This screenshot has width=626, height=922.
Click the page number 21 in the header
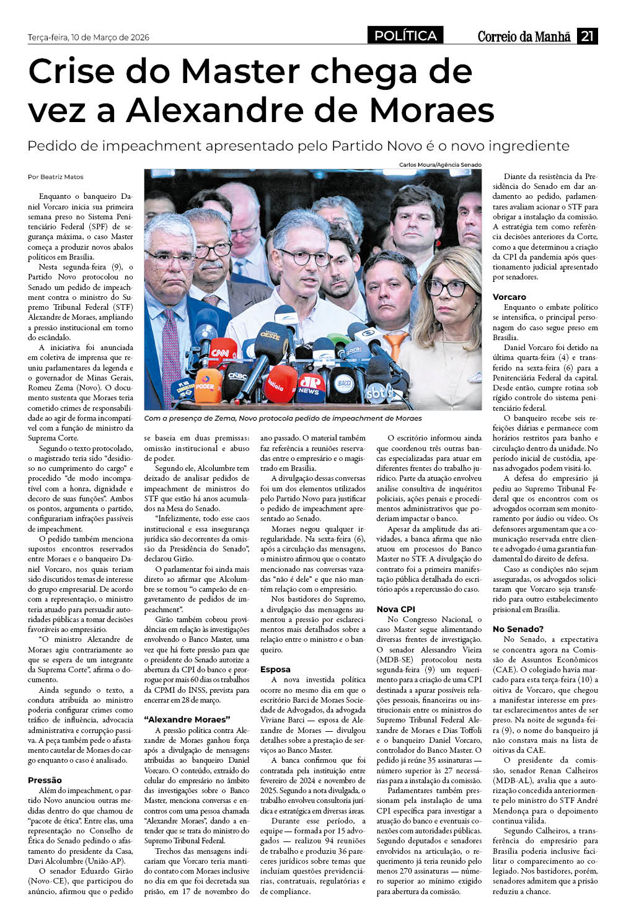(587, 36)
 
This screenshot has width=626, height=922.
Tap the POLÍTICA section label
(405, 36)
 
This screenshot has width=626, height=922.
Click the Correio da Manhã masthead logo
(524, 37)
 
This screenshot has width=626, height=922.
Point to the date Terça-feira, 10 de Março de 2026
(89, 37)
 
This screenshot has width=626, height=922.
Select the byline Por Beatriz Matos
(56, 177)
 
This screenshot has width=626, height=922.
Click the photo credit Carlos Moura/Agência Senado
(440, 165)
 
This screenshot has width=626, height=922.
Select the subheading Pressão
(45, 780)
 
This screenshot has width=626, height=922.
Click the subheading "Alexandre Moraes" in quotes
(187, 719)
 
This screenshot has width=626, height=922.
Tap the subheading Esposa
(275, 669)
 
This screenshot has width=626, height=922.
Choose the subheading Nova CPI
(396, 609)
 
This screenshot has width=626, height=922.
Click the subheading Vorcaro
(509, 297)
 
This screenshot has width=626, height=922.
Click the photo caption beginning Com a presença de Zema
(283, 418)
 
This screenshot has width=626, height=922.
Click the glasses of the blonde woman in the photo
(447, 288)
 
